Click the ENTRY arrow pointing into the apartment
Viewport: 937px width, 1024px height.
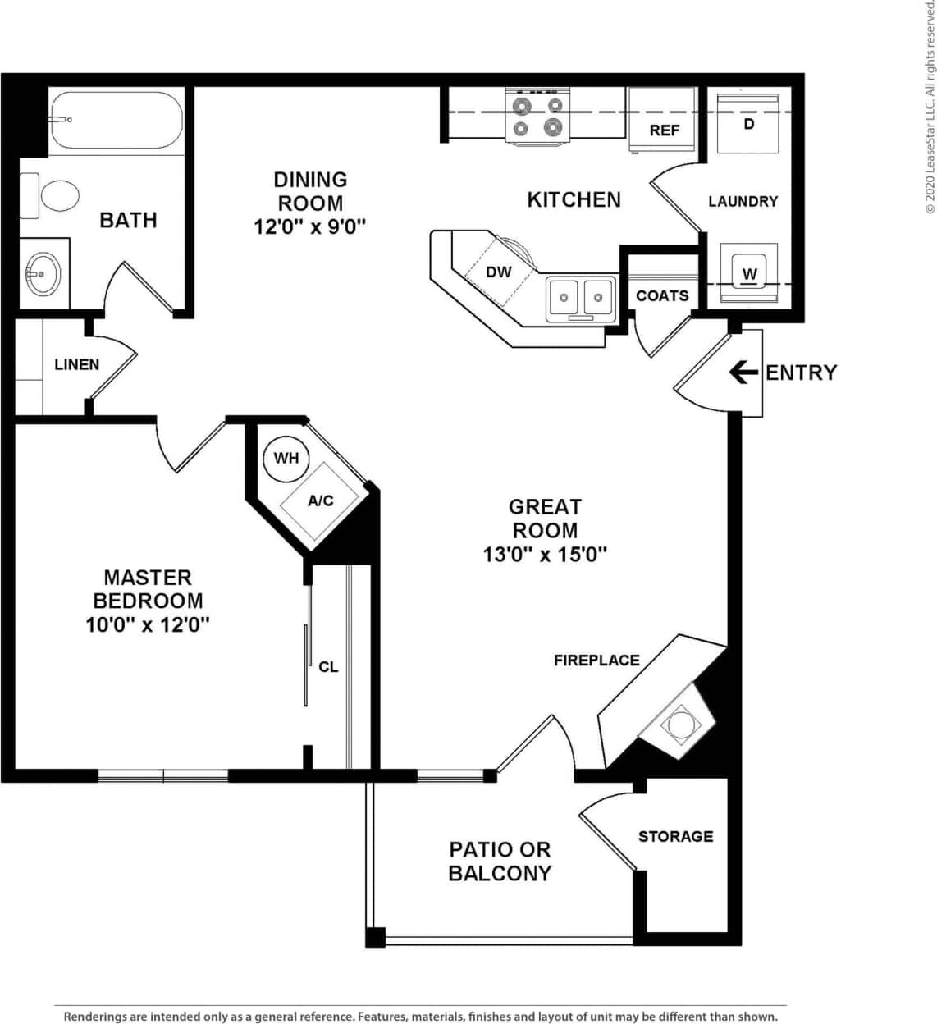pyautogui.click(x=743, y=373)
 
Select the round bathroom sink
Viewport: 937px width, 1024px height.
pyautogui.click(x=41, y=272)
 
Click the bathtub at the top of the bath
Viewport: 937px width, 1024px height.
pyautogui.click(x=115, y=121)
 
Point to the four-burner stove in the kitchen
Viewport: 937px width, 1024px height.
pyautogui.click(x=537, y=116)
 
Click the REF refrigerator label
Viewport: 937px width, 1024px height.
pyautogui.click(x=664, y=130)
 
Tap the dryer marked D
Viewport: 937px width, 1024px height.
pyautogui.click(x=747, y=124)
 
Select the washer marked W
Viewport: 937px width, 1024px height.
pyautogui.click(x=749, y=273)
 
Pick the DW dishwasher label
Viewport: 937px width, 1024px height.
pyautogui.click(x=498, y=272)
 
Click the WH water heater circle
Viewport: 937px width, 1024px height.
pyautogui.click(x=286, y=458)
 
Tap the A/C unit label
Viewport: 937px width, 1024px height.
pyautogui.click(x=320, y=501)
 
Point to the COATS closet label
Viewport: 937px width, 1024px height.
pyautogui.click(x=662, y=295)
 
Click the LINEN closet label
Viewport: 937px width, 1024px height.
pyautogui.click(x=76, y=364)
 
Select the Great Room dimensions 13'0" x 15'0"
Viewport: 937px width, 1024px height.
pyautogui.click(x=545, y=555)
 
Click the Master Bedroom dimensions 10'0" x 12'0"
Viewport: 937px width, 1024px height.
pyautogui.click(x=148, y=625)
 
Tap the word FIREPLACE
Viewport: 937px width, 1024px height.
pyautogui.click(x=596, y=660)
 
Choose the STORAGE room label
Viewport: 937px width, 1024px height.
pyautogui.click(x=675, y=836)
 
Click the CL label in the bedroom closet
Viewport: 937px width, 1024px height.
pyautogui.click(x=328, y=667)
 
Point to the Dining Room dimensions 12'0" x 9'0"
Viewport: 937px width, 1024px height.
pyautogui.click(x=309, y=226)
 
